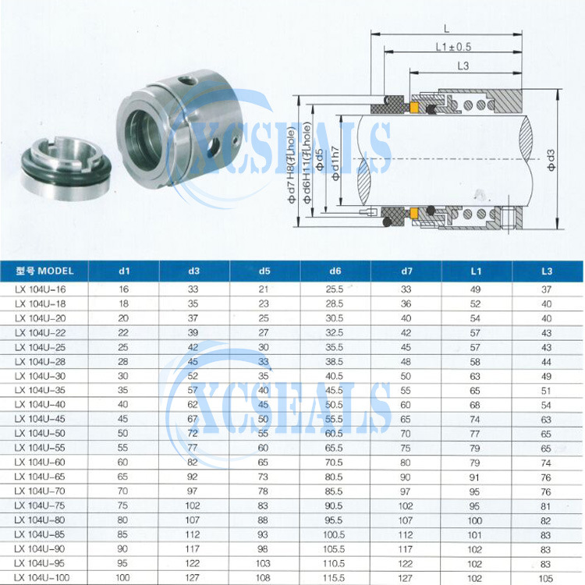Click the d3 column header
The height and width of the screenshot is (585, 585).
point(194,271)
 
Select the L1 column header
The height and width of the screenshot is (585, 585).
point(476,271)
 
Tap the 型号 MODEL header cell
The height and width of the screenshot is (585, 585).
point(44,271)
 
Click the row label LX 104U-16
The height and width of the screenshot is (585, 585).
point(41,289)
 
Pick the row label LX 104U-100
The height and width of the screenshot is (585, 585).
point(42,578)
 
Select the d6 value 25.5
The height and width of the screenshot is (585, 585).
point(335,289)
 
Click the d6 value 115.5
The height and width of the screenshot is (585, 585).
point(334,578)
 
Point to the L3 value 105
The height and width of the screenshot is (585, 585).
point(546,578)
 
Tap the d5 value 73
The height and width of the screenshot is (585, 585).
point(263,477)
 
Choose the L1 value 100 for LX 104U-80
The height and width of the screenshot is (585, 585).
point(474,520)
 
